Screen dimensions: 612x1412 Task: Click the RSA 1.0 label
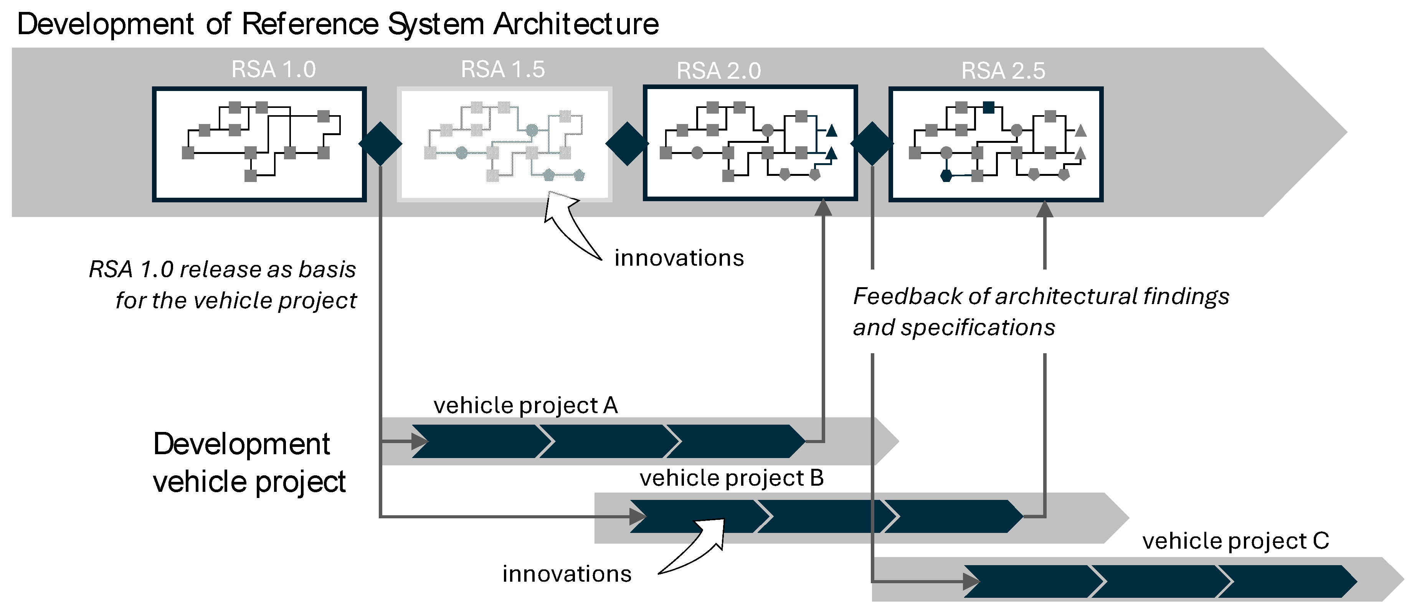coord(274,69)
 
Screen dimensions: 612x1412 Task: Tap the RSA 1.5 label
coord(503,69)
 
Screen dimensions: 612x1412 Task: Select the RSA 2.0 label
coord(718,71)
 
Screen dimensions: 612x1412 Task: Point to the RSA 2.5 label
coord(1003,71)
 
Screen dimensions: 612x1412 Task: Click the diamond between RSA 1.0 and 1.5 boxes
coord(380,144)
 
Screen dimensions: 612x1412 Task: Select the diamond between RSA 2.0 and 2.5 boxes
coord(872,144)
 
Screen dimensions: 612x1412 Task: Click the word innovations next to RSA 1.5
coord(679,258)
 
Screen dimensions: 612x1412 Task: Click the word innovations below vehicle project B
coord(567,574)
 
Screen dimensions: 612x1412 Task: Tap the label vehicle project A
coord(525,405)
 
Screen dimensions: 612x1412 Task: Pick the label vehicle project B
coord(731,478)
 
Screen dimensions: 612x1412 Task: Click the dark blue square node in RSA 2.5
coord(988,108)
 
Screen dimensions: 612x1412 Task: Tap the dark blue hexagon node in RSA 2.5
coord(946,176)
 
